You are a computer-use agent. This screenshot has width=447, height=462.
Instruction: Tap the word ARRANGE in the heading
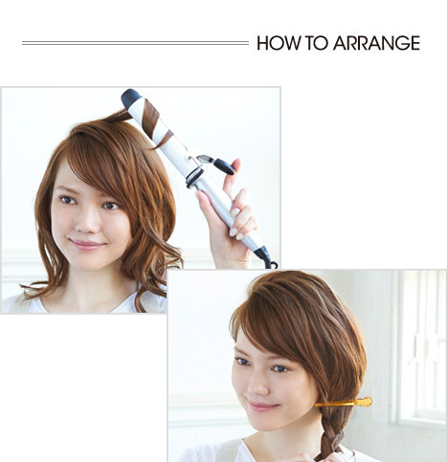click(x=376, y=43)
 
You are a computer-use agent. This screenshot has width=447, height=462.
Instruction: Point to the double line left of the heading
click(x=135, y=43)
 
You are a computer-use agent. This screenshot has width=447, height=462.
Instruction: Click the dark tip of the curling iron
click(x=130, y=96)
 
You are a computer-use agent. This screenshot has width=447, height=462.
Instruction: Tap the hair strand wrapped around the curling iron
click(x=152, y=118)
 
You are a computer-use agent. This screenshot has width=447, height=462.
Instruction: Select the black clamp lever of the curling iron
click(x=224, y=166)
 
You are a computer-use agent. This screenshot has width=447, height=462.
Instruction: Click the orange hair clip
click(x=344, y=403)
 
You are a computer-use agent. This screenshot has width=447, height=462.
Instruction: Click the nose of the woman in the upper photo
click(x=87, y=222)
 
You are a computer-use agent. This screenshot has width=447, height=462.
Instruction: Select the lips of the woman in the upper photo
click(x=87, y=245)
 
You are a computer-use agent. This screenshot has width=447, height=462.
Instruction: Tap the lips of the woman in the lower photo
click(x=260, y=406)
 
